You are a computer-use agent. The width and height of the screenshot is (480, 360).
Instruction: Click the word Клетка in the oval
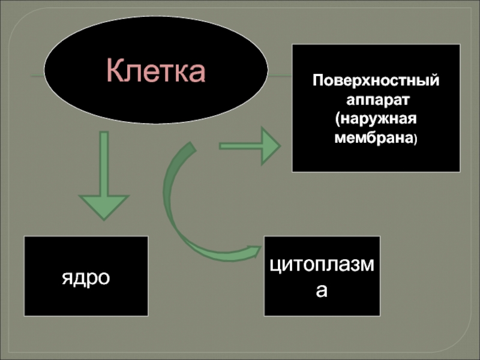(156, 71)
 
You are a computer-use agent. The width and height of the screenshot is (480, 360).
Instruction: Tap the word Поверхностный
(376, 80)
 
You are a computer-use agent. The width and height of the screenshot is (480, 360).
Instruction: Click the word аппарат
(376, 99)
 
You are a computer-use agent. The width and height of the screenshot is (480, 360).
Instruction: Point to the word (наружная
(376, 118)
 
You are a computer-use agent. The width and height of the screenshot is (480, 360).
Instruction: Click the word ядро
(86, 277)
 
